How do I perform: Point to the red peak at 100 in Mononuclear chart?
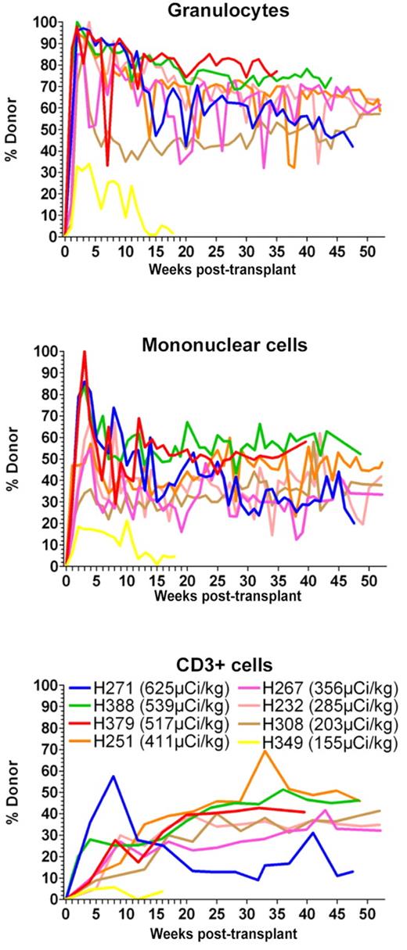coord(85,353)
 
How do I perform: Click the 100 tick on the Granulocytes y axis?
coord(49,22)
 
